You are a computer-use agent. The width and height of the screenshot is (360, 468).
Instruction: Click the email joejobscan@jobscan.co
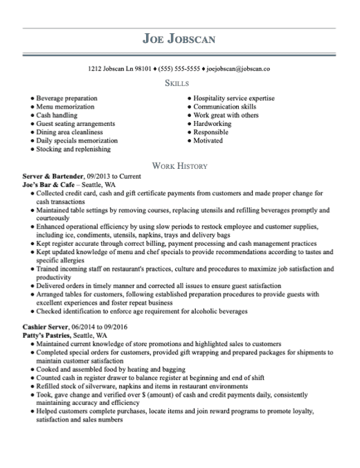tap(238, 69)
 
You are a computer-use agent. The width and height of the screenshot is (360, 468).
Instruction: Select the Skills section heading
tap(179, 84)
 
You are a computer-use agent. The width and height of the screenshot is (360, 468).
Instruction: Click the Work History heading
tap(179, 167)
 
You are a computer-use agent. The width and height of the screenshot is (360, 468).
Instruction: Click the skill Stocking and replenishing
tap(73, 149)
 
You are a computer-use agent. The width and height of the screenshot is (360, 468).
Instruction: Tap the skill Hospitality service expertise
tap(234, 99)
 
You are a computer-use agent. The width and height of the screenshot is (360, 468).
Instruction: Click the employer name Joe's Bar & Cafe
tap(48, 186)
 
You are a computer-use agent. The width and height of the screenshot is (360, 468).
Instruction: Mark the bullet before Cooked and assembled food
tap(32, 369)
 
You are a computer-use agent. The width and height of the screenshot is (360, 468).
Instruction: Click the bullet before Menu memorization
tap(32, 107)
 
